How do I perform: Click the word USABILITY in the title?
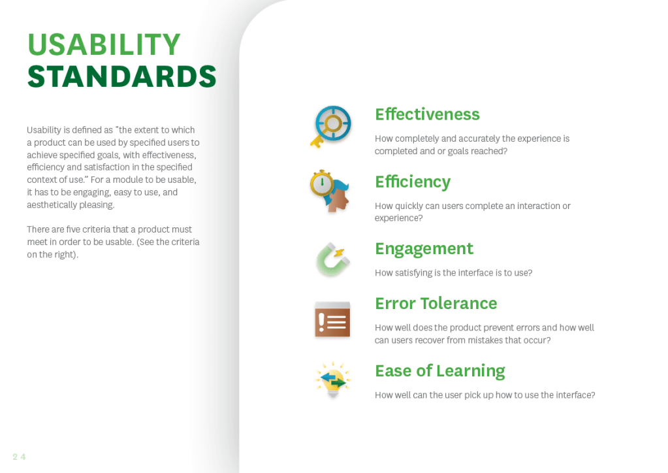(104, 44)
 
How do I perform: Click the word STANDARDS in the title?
(122, 76)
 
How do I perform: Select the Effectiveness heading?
(427, 114)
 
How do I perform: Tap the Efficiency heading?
(413, 182)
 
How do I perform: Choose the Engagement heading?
(424, 250)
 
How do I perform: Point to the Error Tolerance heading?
(436, 303)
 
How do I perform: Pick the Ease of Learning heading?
(440, 372)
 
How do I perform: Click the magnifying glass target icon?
(333, 123)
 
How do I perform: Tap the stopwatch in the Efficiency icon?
(322, 182)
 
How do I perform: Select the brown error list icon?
(332, 319)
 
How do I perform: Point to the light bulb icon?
(333, 380)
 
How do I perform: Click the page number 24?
(19, 457)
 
